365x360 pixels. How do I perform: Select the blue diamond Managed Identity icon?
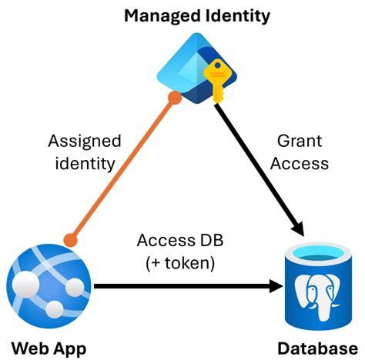[193, 65]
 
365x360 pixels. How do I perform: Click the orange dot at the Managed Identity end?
[176, 98]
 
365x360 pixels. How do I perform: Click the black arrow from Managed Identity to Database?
[258, 165]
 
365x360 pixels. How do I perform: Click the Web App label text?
[49, 347]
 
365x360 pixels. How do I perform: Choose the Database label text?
[319, 347]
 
